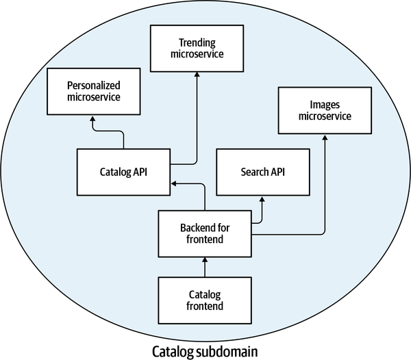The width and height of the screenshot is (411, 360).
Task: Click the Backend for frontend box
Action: pyautogui.click(x=205, y=233)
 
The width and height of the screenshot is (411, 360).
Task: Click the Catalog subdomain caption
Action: pyautogui.click(x=206, y=352)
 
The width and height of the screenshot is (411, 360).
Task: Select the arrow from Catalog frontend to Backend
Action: pyautogui.click(x=205, y=266)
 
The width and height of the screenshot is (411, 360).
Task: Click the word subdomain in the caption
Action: pyautogui.click(x=232, y=352)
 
